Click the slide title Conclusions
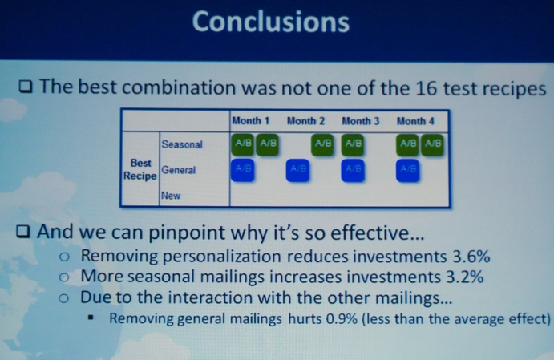click(271, 22)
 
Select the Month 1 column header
click(250, 121)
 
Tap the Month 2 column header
click(305, 121)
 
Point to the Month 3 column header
click(361, 121)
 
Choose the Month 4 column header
click(415, 121)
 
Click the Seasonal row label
click(182, 144)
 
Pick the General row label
click(179, 170)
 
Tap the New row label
click(171, 196)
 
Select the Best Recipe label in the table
click(140, 169)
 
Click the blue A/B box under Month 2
click(297, 170)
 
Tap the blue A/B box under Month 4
click(408, 170)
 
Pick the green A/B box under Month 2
click(322, 144)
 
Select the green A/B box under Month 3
click(353, 144)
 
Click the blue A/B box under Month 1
click(242, 170)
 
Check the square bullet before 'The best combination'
click(26, 87)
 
